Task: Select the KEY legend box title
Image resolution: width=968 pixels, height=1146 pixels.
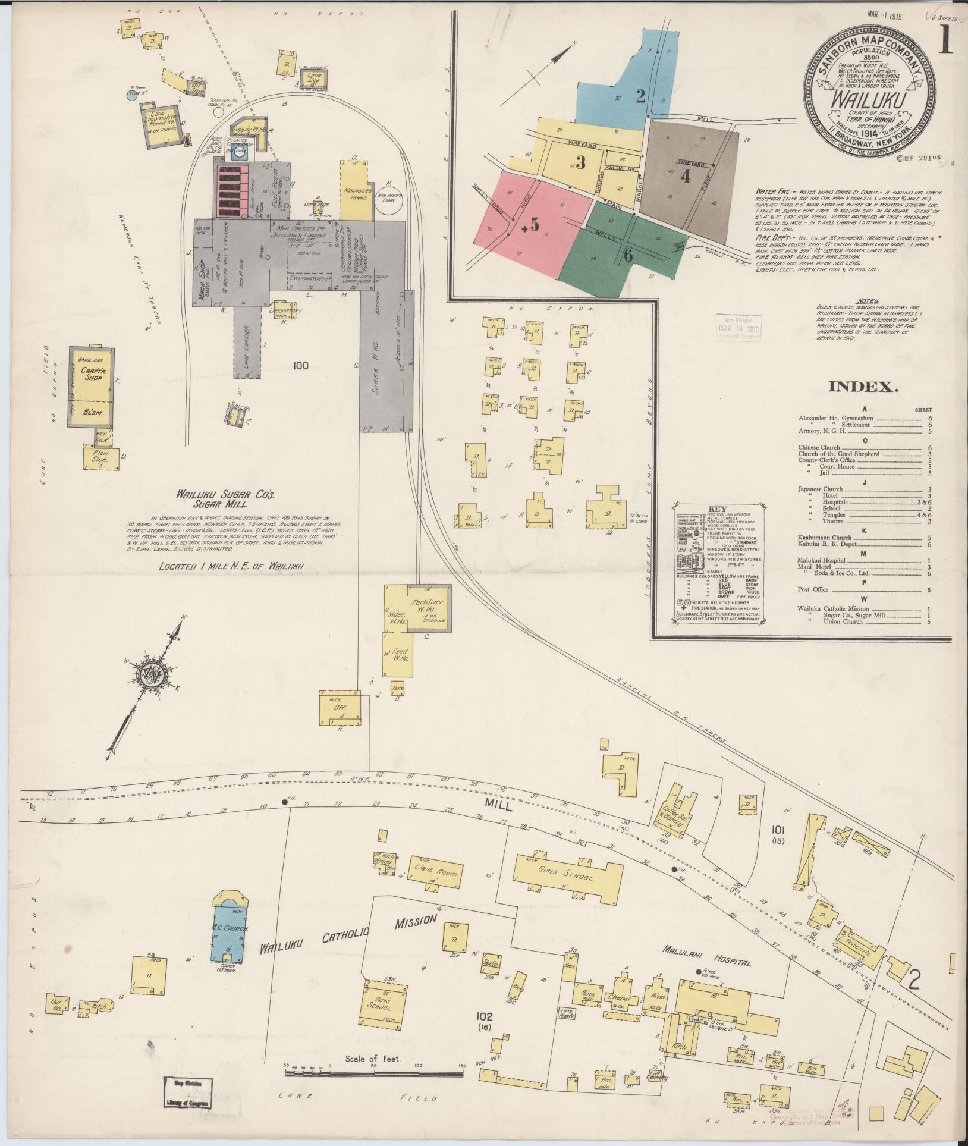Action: (718, 510)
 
